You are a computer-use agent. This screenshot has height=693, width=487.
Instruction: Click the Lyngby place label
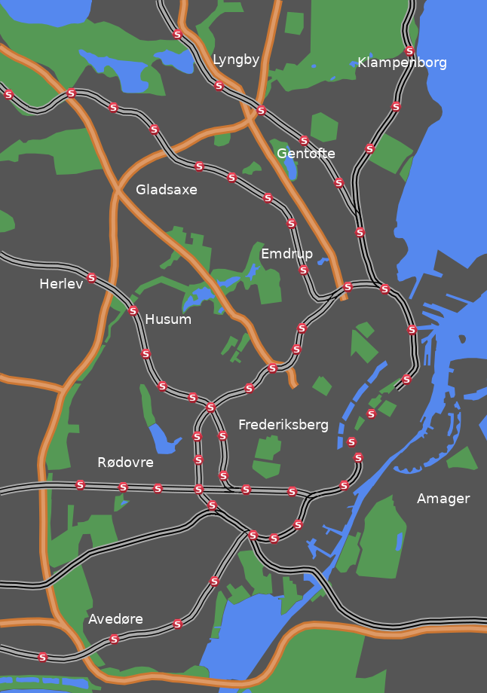pyautogui.click(x=236, y=60)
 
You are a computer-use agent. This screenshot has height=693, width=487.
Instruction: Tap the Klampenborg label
pyautogui.click(x=402, y=63)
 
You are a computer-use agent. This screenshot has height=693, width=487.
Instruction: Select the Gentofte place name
pyautogui.click(x=305, y=154)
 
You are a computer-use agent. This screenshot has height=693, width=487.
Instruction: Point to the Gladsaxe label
pyautogui.click(x=167, y=190)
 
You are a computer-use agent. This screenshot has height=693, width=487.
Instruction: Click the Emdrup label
pyautogui.click(x=286, y=253)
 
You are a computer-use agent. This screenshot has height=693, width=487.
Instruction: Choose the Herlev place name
pyautogui.click(x=61, y=284)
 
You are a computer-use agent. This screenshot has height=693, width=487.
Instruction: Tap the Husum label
pyautogui.click(x=168, y=319)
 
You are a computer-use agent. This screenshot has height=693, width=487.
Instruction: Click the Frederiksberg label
pyautogui.click(x=283, y=425)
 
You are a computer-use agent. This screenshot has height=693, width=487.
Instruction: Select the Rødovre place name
pyautogui.click(x=125, y=463)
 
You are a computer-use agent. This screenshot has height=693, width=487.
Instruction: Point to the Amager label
pyautogui.click(x=443, y=499)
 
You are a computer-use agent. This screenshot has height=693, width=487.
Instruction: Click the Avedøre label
pyautogui.click(x=115, y=619)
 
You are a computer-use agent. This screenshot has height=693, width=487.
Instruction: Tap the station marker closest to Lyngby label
pyautogui.click(x=219, y=86)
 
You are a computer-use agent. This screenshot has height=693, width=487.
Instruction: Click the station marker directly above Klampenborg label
pyautogui.click(x=409, y=51)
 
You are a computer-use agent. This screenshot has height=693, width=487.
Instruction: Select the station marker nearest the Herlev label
pyautogui.click(x=92, y=278)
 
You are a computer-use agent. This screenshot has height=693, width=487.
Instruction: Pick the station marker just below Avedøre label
pyautogui.click(x=115, y=640)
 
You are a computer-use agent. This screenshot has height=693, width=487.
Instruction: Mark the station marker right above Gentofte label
pyautogui.click(x=305, y=141)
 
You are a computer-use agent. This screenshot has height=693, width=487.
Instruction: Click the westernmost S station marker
pyautogui.click(x=8, y=95)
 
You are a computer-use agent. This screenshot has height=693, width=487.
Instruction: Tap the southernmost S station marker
pyautogui.click(x=43, y=657)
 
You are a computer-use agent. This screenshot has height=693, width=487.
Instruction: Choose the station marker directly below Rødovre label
pyautogui.click(x=123, y=487)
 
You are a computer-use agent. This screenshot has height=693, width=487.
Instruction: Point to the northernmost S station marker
pyautogui.click(x=177, y=35)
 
